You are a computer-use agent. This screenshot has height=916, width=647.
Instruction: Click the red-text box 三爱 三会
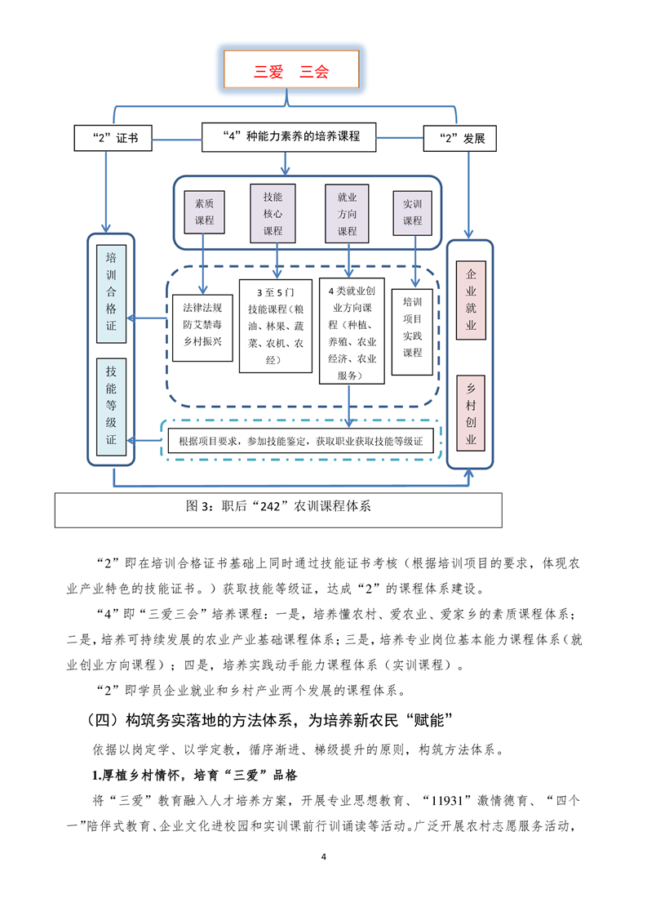[291, 69]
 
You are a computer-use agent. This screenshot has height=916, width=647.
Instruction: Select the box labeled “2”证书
[113, 139]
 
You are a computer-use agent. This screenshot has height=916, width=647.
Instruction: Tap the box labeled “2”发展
[459, 139]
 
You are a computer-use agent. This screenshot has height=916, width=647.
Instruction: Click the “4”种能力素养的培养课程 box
[289, 137]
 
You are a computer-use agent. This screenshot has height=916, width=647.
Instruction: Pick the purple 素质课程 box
[204, 212]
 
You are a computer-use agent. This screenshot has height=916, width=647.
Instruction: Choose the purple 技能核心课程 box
[273, 213]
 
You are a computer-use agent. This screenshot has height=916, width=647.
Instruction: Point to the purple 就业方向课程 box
[347, 213]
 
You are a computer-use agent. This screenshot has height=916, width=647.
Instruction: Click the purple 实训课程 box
[412, 212]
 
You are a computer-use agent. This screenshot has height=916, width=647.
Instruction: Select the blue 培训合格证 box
[111, 294]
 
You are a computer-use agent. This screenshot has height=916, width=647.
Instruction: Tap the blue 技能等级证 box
[111, 407]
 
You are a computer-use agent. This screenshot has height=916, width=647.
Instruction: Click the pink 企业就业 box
[471, 300]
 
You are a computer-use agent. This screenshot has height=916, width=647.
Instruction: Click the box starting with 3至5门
[276, 326]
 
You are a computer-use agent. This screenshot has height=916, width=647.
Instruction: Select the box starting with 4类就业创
[352, 331]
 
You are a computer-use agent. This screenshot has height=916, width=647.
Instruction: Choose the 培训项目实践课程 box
[412, 331]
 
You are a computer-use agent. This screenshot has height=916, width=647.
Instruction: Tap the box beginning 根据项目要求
[301, 441]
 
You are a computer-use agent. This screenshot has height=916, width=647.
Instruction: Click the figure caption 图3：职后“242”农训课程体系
[278, 506]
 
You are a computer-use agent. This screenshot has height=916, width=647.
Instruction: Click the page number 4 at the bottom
[323, 857]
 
